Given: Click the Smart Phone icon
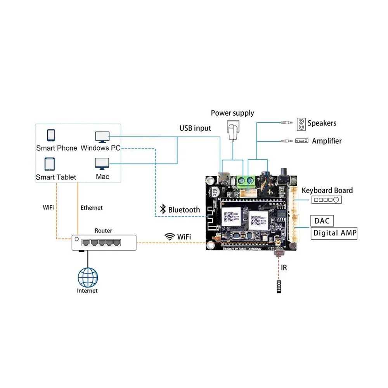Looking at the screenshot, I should pos(51,135).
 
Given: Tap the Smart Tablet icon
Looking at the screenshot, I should pos(50,164).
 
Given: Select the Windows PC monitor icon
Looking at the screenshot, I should pos(102,137).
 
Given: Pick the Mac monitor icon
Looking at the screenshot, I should pos(102,163).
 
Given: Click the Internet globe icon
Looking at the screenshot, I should pos(88,277).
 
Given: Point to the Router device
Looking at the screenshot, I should pos(104,242).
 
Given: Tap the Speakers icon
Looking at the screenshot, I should pos(301,124).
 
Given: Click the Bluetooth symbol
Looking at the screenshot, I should pos(163,210).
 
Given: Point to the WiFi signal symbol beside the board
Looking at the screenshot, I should pos(169,236).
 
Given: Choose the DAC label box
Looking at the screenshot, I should pos(322,221).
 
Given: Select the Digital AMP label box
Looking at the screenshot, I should pos(334,233).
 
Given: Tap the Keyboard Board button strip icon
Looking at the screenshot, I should pos(326,199).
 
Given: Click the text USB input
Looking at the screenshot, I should pos(195,128).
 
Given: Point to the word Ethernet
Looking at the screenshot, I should pos(92,208).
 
